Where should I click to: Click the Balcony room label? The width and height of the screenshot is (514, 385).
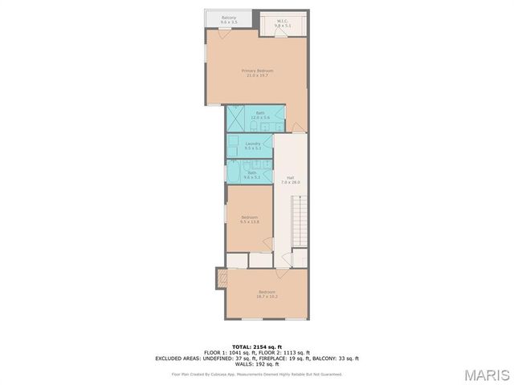pyautogui.click(x=229, y=20)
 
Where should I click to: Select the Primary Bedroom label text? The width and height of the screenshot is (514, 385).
pyautogui.click(x=257, y=73)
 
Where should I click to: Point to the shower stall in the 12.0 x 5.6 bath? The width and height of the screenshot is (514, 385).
pyautogui.click(x=238, y=118)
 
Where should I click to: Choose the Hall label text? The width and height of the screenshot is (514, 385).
pyautogui.click(x=290, y=180)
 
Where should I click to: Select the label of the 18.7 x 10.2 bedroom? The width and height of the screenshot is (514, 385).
pyautogui.click(x=267, y=294)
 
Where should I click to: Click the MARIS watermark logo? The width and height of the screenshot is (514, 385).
pyautogui.click(x=486, y=374)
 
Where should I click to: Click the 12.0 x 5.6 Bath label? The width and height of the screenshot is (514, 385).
pyautogui.click(x=260, y=115)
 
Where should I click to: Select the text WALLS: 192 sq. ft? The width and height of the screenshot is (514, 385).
pyautogui.click(x=257, y=364)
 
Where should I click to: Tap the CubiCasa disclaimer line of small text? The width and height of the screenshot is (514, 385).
pyautogui.click(x=257, y=374)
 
